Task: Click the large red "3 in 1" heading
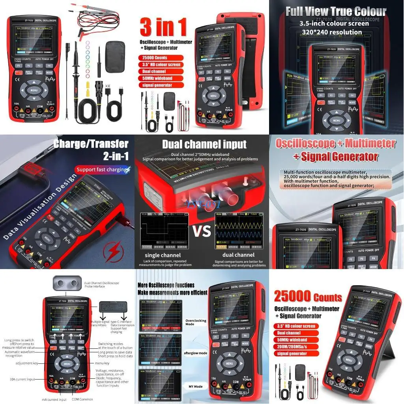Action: (163, 28)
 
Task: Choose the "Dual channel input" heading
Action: (204, 144)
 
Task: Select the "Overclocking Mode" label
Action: (195, 322)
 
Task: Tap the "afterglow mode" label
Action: (195, 353)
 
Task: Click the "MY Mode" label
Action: (196, 387)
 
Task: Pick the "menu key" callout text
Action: (102, 363)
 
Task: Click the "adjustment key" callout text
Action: (27, 363)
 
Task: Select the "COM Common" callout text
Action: (83, 399)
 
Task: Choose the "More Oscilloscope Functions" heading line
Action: (166, 285)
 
